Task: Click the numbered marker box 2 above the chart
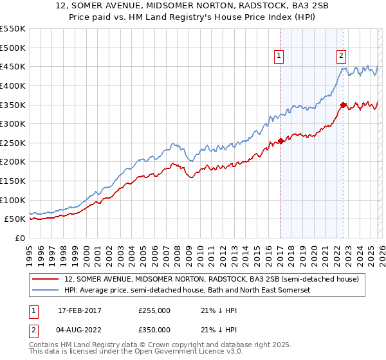click(x=340, y=56)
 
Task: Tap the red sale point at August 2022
click(x=343, y=105)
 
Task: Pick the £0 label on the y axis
click(x=20, y=238)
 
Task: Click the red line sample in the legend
click(x=46, y=280)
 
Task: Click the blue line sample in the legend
click(x=46, y=291)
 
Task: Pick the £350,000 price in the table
click(x=154, y=329)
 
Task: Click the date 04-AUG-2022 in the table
click(x=81, y=329)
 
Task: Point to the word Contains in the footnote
click(x=45, y=346)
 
